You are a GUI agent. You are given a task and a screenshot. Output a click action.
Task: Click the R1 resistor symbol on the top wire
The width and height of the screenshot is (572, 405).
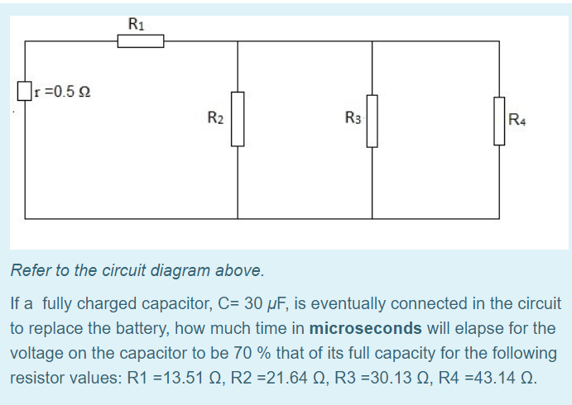[x=140, y=41]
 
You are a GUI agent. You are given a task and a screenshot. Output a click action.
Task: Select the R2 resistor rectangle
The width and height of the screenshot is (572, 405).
[x=238, y=119]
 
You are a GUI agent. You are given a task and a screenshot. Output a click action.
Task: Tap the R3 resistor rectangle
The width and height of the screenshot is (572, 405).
[x=373, y=121]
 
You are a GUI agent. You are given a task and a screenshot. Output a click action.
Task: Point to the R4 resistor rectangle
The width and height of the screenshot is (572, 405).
[x=499, y=121]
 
